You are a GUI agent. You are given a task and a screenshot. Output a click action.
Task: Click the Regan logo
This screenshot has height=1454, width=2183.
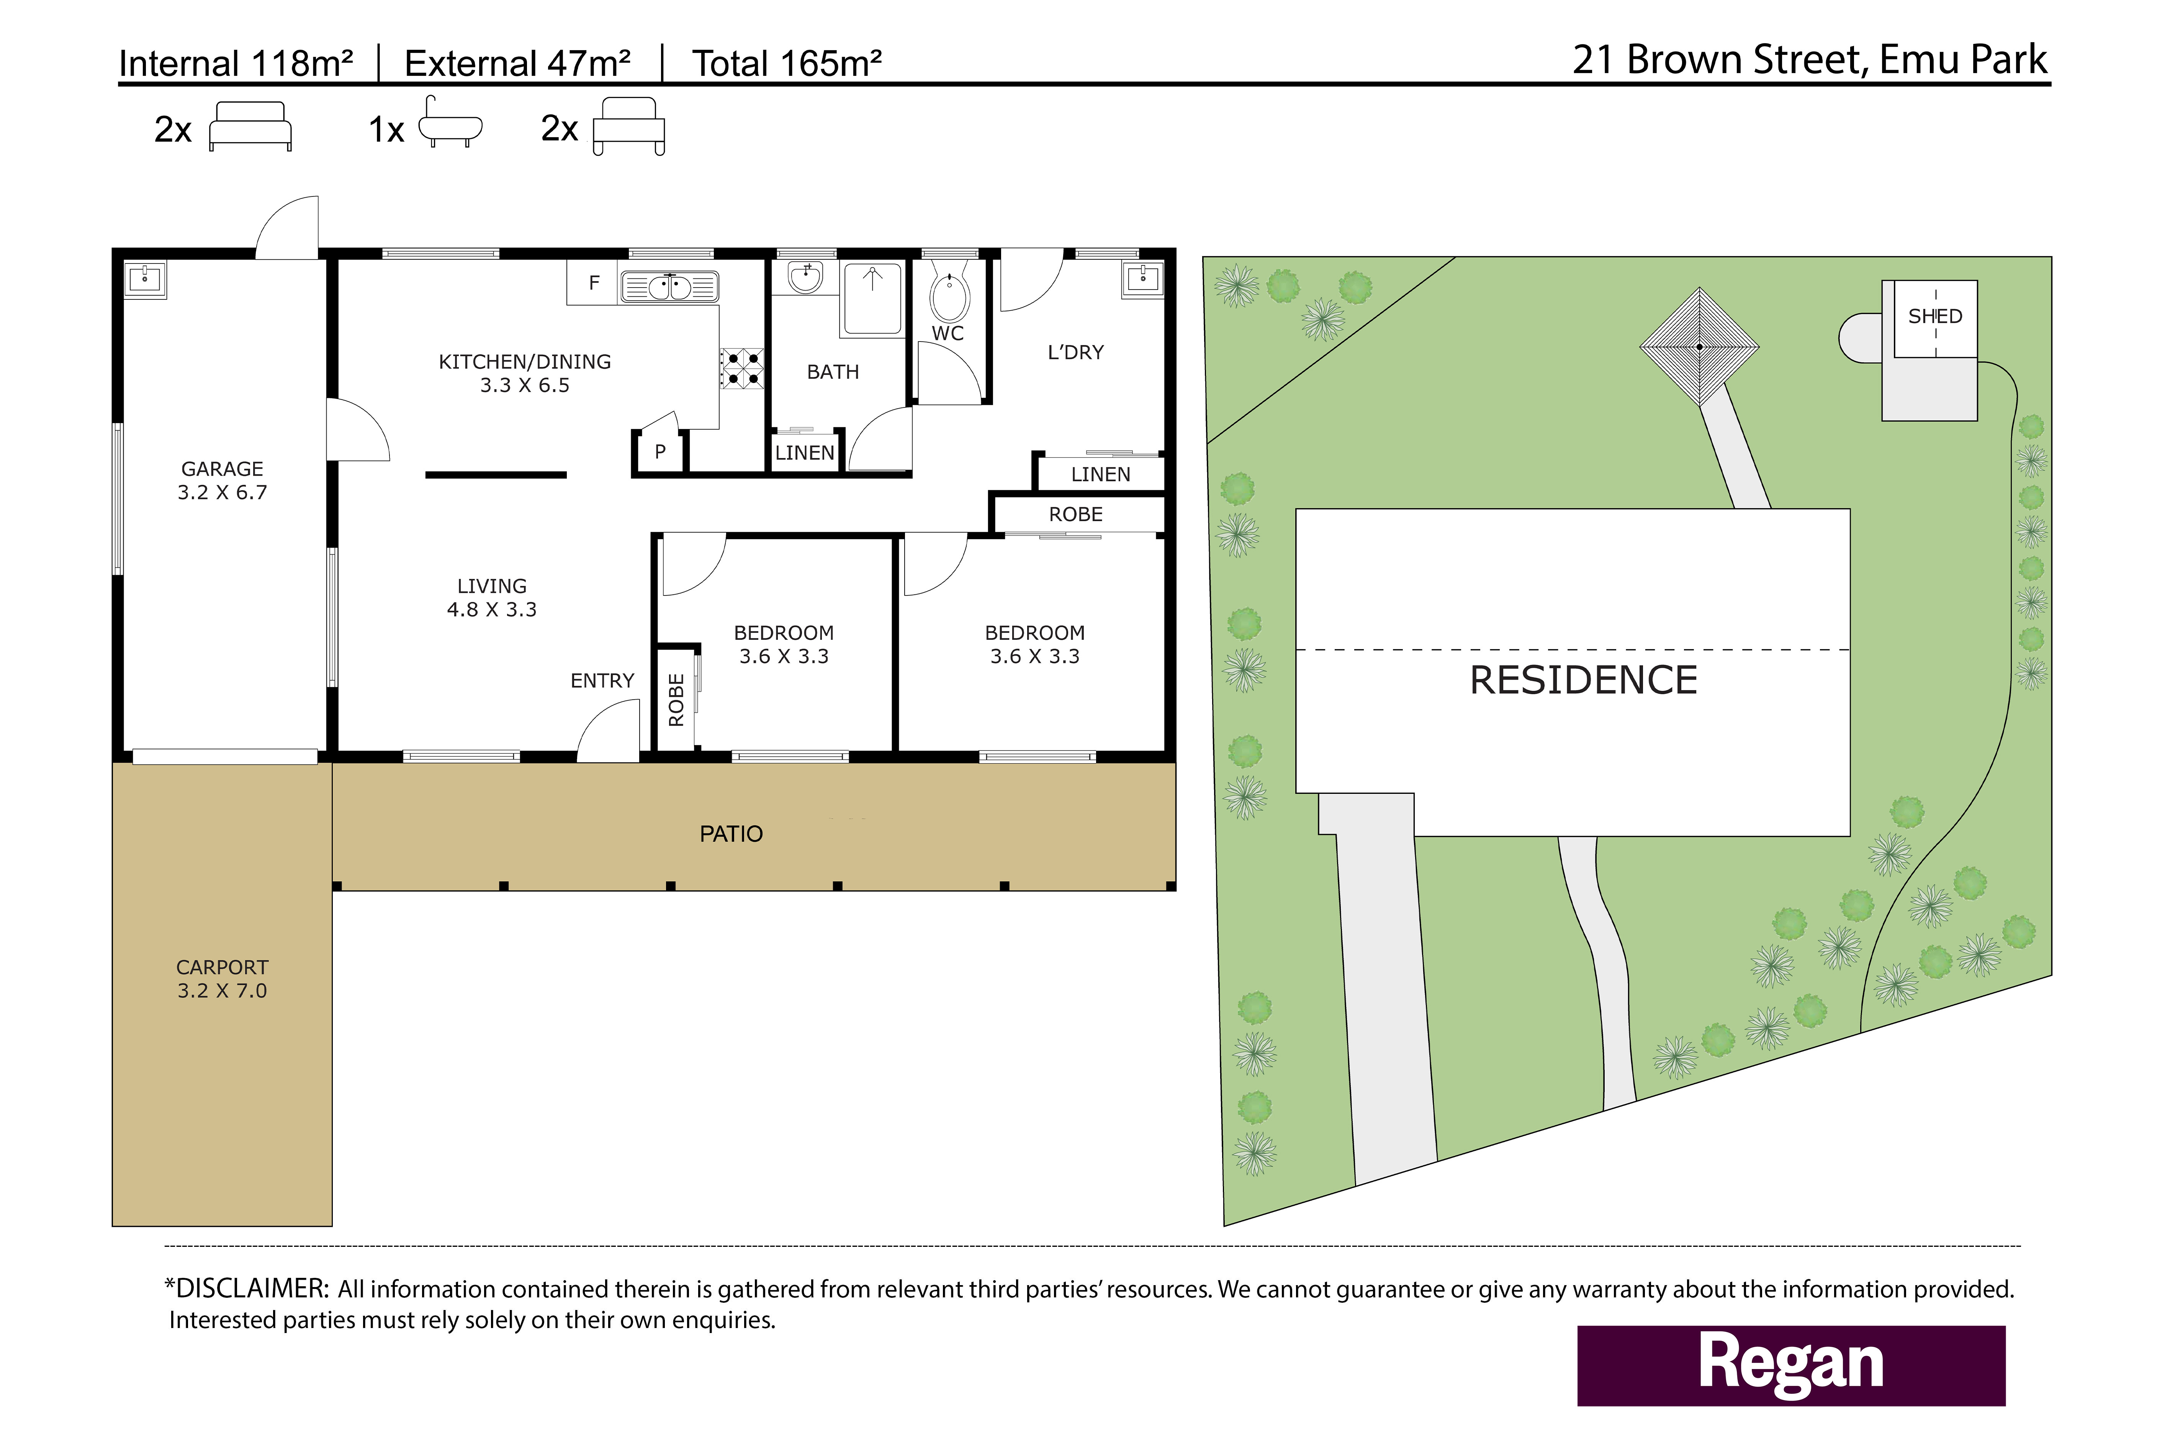pyautogui.click(x=1791, y=1365)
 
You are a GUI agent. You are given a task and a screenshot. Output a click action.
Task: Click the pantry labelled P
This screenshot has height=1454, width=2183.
pyautogui.click(x=659, y=451)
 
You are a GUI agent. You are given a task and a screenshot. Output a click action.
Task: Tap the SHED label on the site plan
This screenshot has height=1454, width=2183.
pyautogui.click(x=1935, y=316)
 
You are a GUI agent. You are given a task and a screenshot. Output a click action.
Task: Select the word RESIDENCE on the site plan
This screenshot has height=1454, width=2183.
pyautogui.click(x=1583, y=680)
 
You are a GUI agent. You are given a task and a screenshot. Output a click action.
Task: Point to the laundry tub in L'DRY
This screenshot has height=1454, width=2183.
pyautogui.click(x=1142, y=278)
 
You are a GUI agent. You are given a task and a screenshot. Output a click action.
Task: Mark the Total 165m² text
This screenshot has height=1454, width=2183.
pyautogui.click(x=786, y=63)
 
